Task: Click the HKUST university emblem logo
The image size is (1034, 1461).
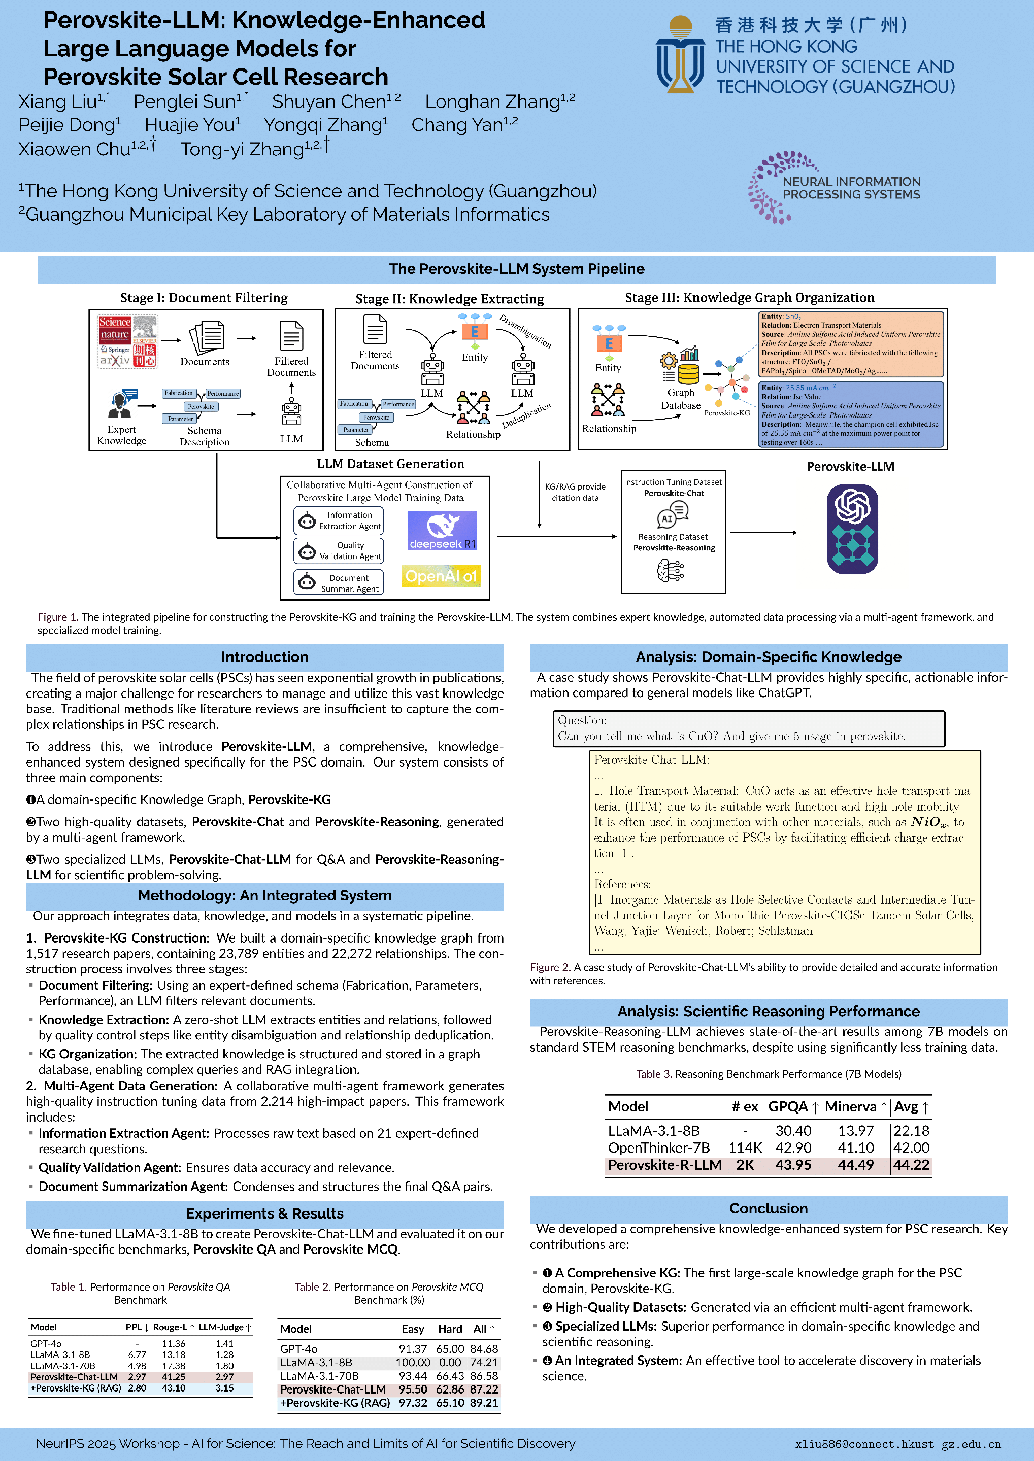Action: click(680, 55)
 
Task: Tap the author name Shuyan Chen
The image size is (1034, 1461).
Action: click(336, 102)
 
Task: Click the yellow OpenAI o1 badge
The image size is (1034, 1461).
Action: click(441, 576)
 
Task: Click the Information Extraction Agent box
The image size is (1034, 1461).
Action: click(339, 520)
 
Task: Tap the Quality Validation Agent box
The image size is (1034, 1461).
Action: click(339, 550)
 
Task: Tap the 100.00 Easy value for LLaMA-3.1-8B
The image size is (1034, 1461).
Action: click(413, 1363)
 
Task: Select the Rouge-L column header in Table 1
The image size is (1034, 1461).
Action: click(173, 1327)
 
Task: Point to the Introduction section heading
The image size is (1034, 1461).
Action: click(264, 656)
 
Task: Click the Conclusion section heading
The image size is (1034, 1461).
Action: click(768, 1208)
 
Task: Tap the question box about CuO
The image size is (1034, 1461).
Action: click(749, 728)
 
